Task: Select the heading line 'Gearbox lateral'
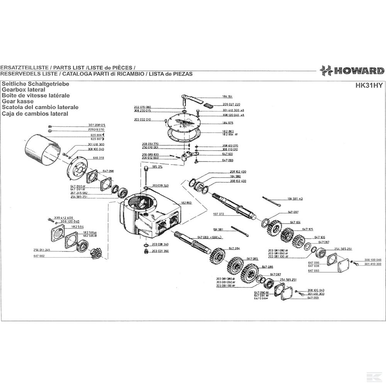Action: pos(24,89)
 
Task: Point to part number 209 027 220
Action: pos(232,105)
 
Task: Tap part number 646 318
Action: pos(98,158)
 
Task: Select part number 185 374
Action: pos(157,167)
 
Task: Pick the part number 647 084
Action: pos(234,248)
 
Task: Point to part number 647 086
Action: pos(267,267)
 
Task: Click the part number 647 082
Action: pos(39,256)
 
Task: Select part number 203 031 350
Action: pos(160,251)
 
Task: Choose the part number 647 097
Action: pos(293,212)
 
